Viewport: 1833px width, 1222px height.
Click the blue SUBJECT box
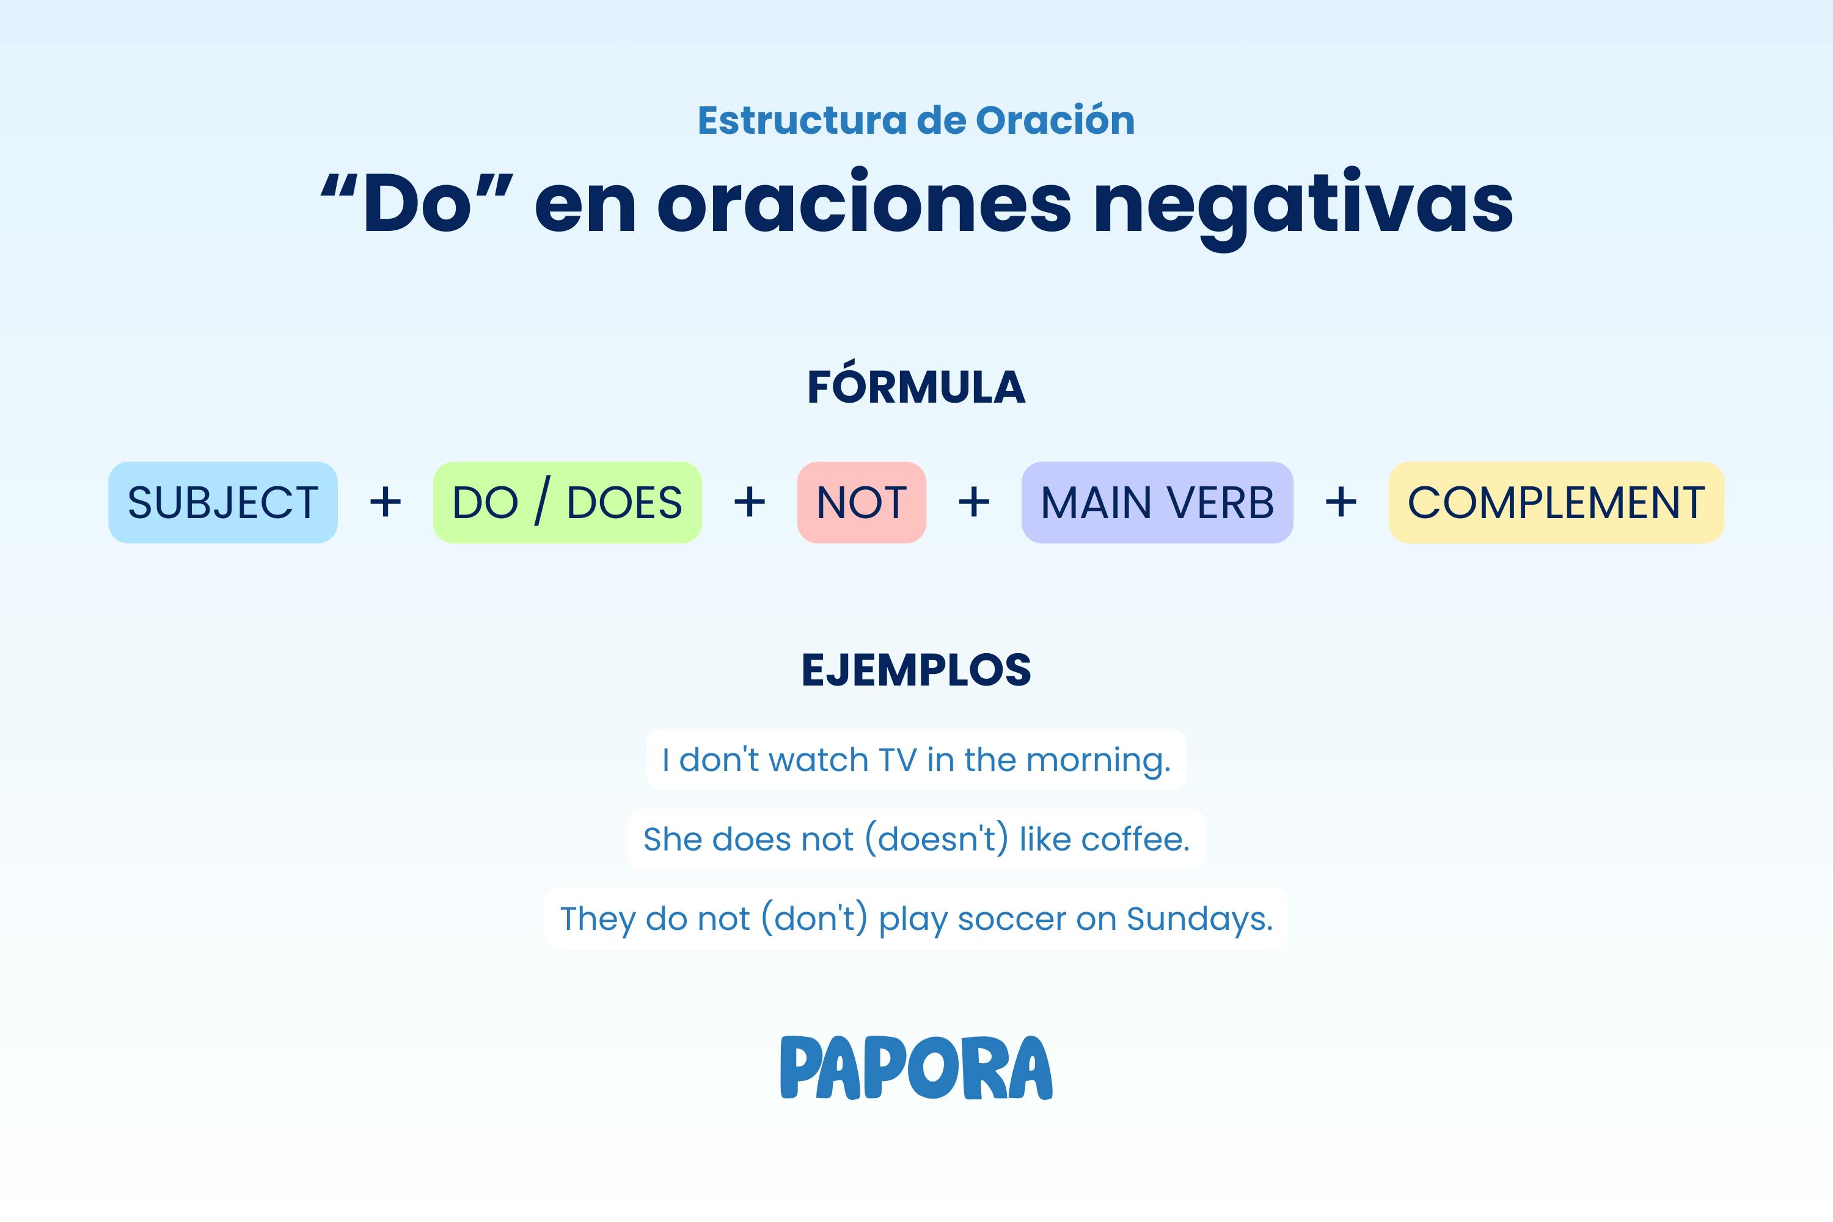point(223,503)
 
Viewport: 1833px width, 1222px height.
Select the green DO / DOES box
point(568,503)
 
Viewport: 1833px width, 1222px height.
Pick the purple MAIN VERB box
point(1157,503)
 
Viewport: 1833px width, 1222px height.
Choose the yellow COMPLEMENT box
point(1556,503)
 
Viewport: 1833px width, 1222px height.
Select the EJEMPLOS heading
point(916,670)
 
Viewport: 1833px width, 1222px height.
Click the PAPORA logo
point(916,1067)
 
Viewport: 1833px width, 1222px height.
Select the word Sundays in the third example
point(1199,920)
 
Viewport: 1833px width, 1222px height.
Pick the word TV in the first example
point(897,760)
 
